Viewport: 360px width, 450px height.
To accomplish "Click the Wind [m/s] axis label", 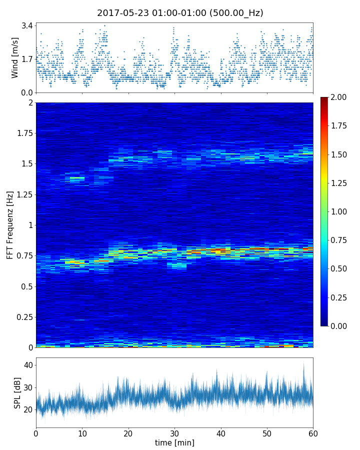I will tap(15, 57).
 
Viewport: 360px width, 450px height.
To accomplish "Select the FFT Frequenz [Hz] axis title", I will tap(10, 225).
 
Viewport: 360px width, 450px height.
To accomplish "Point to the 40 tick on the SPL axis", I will tap(28, 365).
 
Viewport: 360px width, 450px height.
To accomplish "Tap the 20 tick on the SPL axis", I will tap(28, 409).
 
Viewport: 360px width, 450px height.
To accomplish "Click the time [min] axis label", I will tap(174, 442).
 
